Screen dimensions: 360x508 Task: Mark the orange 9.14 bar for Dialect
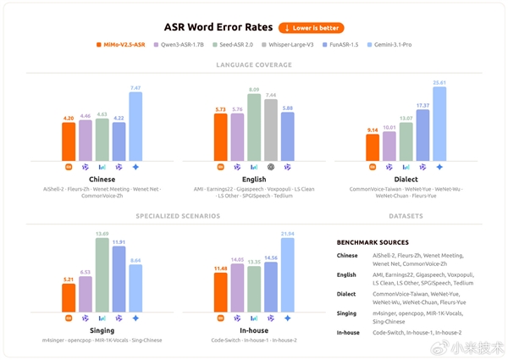(372, 147)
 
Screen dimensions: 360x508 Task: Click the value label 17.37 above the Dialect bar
(422, 106)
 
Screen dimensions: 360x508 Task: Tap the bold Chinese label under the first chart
(102, 180)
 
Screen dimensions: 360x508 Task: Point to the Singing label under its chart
(102, 330)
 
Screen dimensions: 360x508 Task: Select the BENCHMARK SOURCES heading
(373, 243)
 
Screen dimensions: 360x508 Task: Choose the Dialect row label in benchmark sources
(347, 294)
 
